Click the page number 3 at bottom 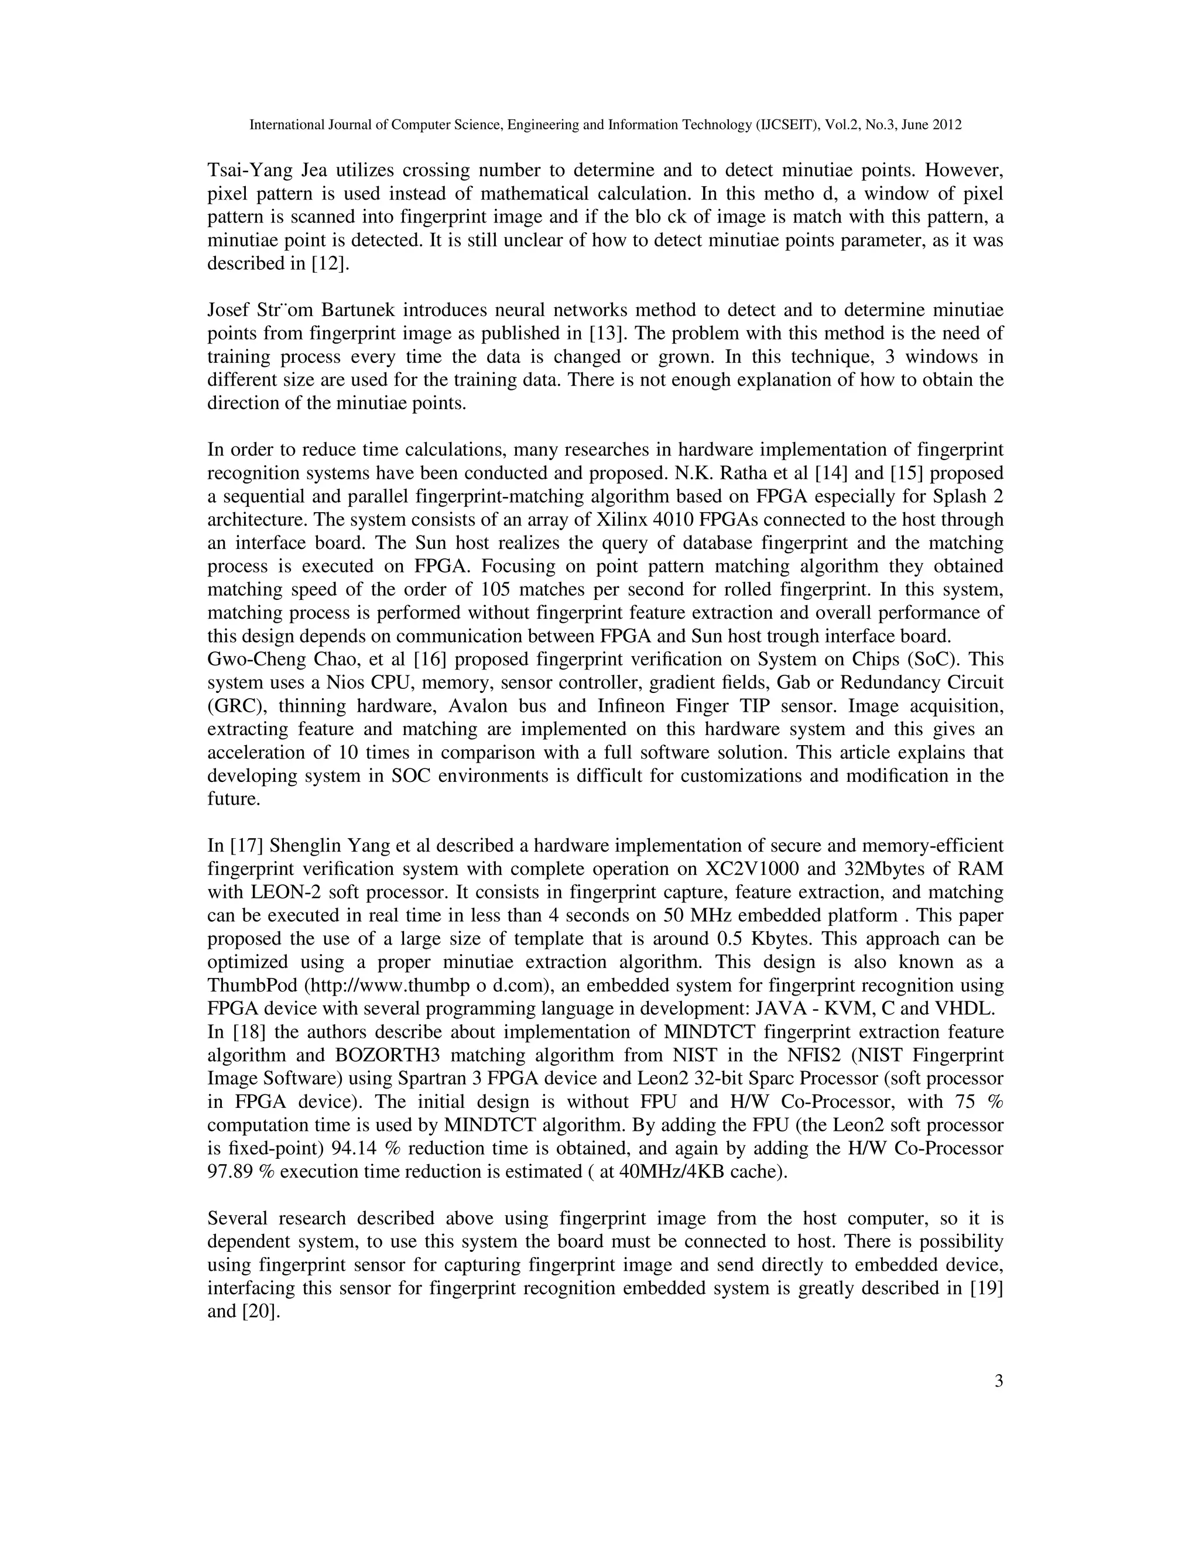[998, 1381]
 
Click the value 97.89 [230, 1172]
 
